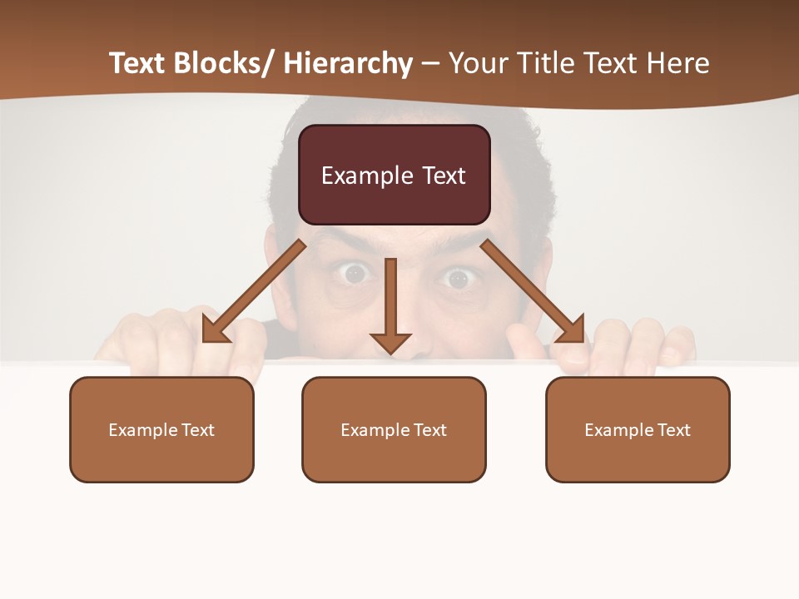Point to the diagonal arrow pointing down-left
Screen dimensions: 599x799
254,292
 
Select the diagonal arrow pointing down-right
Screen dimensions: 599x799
533,291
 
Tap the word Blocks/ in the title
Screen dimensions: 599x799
224,64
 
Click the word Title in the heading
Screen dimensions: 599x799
541,64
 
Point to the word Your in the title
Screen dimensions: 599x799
478,64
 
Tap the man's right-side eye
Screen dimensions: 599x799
456,276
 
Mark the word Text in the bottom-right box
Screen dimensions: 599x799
672,430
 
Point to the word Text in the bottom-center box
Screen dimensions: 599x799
429,430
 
